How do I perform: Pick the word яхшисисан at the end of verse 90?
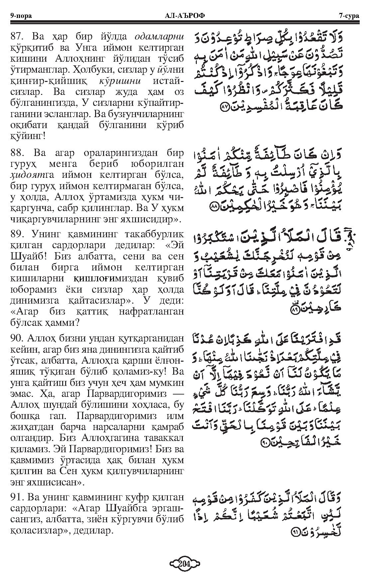coord(59,481)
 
